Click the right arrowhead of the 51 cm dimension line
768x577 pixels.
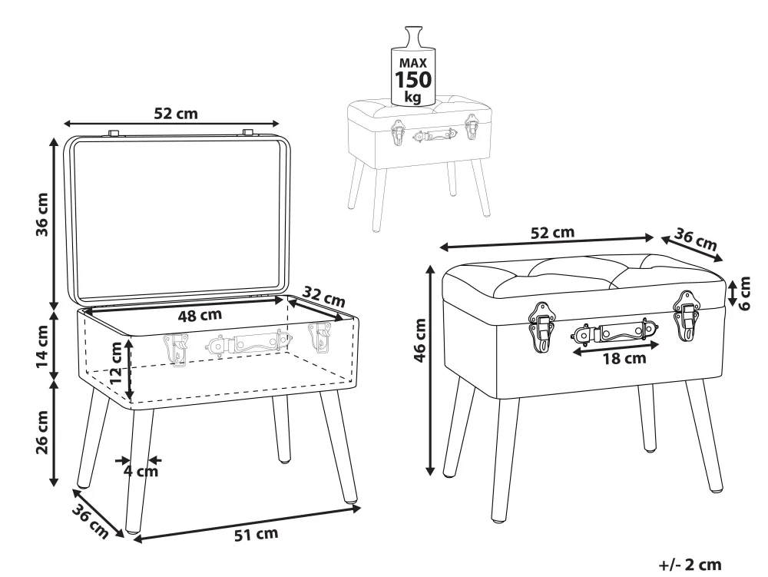(357, 509)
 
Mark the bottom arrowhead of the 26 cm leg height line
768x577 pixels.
(55, 482)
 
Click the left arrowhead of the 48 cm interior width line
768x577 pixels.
(88, 310)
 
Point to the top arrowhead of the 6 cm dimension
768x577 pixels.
(732, 284)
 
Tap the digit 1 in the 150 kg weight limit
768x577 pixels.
(399, 79)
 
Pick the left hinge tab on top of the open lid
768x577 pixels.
(114, 133)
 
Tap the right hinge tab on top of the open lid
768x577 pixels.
(248, 131)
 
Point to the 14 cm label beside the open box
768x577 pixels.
(42, 347)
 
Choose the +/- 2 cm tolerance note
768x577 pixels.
(690, 564)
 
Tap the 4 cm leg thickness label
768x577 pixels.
(141, 471)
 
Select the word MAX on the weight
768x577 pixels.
(413, 63)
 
